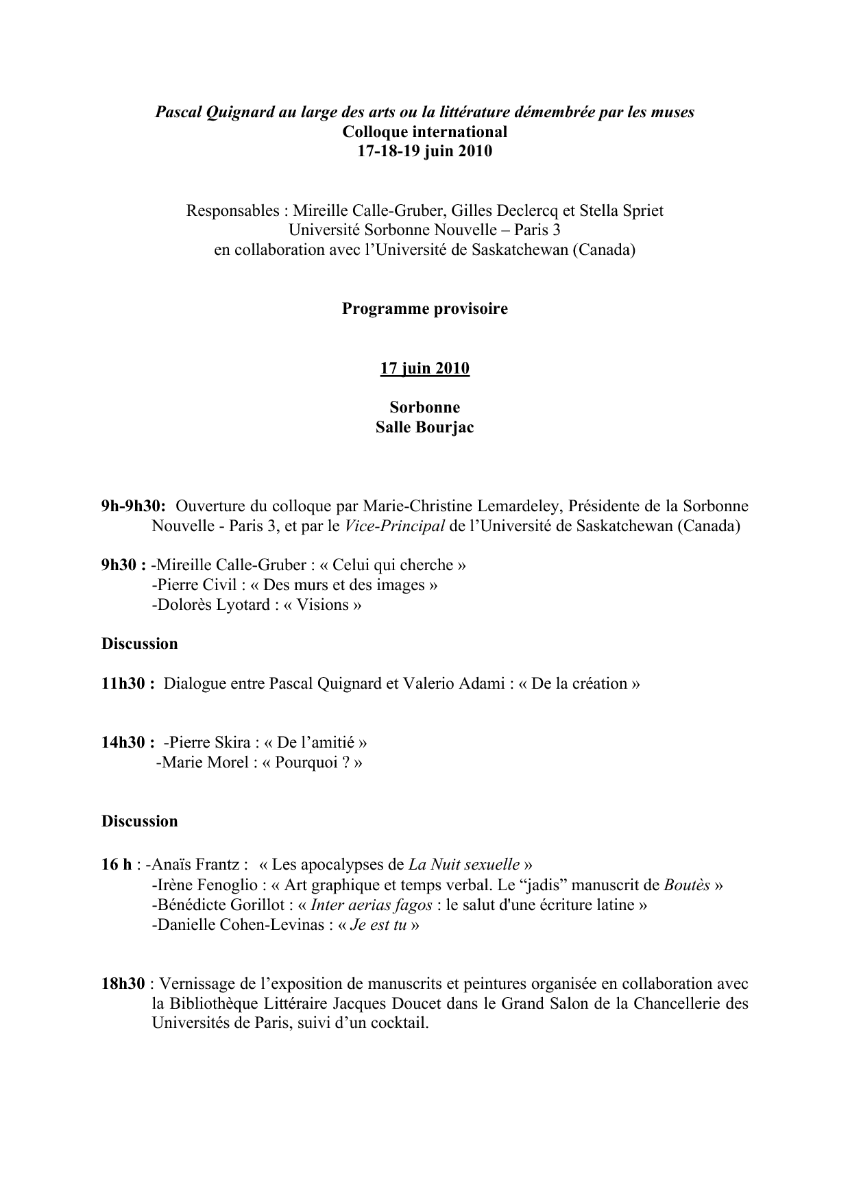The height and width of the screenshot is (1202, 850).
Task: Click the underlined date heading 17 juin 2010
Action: click(424, 369)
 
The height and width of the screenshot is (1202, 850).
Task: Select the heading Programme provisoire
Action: click(424, 309)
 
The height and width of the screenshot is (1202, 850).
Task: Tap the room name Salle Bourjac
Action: click(424, 428)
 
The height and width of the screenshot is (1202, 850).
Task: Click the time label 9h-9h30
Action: click(133, 506)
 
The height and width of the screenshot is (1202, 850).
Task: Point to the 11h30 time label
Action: click(127, 684)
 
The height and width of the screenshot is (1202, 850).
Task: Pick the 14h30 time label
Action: click(127, 743)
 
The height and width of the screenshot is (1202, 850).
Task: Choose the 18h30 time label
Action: click(123, 984)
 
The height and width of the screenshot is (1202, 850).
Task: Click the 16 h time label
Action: click(117, 865)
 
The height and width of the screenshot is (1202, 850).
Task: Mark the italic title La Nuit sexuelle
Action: click(464, 865)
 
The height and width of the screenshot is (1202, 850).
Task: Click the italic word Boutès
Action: click(687, 885)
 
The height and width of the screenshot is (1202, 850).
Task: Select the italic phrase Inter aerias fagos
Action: click(371, 905)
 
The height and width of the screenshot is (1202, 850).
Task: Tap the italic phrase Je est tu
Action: click(378, 925)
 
